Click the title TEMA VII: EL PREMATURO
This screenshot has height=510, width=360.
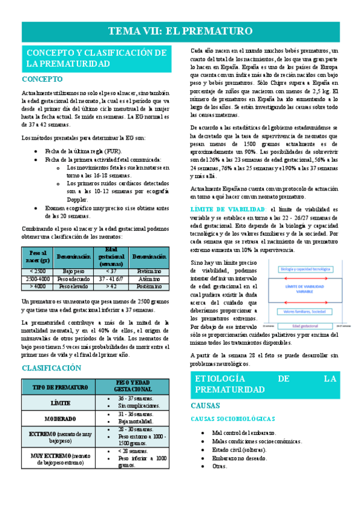point(180,32)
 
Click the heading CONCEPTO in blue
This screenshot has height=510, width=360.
point(42,79)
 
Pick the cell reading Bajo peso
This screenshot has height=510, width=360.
point(73,271)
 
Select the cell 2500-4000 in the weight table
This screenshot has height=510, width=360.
point(37,279)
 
